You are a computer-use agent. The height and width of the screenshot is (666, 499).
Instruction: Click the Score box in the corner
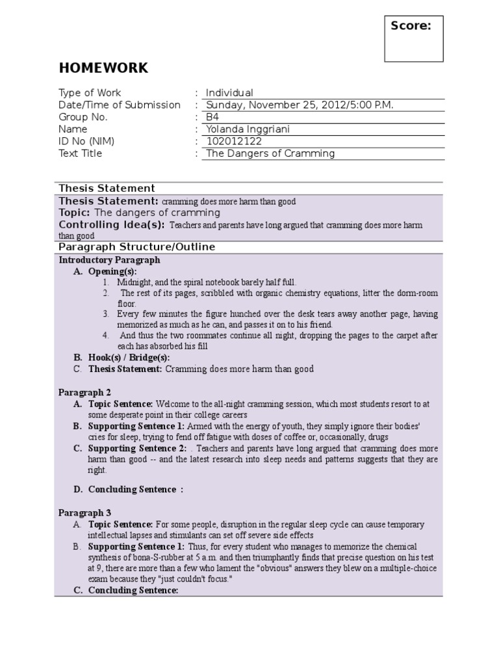[x=413, y=39]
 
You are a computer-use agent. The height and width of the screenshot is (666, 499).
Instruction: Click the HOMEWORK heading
[x=103, y=68]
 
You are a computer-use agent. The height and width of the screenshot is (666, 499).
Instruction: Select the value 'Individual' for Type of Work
[x=229, y=93]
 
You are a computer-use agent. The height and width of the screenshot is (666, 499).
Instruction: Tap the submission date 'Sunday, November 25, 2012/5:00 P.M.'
[x=300, y=105]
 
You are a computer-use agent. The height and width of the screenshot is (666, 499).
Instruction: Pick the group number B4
[x=212, y=117]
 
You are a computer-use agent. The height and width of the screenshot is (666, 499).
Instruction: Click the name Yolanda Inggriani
[x=248, y=129]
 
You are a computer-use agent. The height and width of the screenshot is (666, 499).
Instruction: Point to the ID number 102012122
[x=235, y=141]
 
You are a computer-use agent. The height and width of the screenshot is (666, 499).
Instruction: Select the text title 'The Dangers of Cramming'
[x=270, y=153]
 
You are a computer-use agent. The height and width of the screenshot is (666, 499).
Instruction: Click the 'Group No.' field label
[x=83, y=117]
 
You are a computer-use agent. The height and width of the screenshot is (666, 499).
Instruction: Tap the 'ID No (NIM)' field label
[x=89, y=141]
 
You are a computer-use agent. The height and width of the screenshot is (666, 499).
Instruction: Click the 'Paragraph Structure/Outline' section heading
[x=136, y=247]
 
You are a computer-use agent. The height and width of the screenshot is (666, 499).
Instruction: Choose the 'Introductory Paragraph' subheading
[x=109, y=260]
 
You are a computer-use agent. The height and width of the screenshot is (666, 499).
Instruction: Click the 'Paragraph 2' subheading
[x=85, y=392]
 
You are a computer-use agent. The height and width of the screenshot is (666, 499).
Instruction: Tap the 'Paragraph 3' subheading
[x=85, y=513]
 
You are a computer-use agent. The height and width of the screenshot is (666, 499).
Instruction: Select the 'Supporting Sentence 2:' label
[x=136, y=449]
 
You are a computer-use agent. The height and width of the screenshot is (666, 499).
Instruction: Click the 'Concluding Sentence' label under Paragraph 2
[x=132, y=489]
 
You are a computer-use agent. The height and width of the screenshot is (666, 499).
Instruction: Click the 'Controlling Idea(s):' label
[x=111, y=225]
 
